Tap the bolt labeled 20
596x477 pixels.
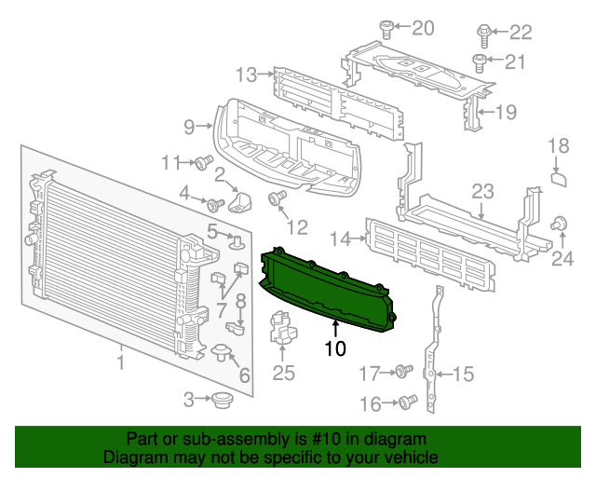[388, 29]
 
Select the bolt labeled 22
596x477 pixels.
[483, 34]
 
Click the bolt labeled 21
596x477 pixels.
[479, 63]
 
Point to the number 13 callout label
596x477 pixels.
[247, 75]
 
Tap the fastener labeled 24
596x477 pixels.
[561, 224]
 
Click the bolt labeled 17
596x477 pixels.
[401, 372]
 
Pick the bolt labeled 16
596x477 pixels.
[405, 402]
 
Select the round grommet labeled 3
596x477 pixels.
[222, 400]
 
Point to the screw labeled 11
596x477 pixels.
[201, 163]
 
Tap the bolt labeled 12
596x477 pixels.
[276, 198]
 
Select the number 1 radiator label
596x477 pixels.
[120, 359]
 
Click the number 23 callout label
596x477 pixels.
[481, 191]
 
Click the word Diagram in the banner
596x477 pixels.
[130, 457]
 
